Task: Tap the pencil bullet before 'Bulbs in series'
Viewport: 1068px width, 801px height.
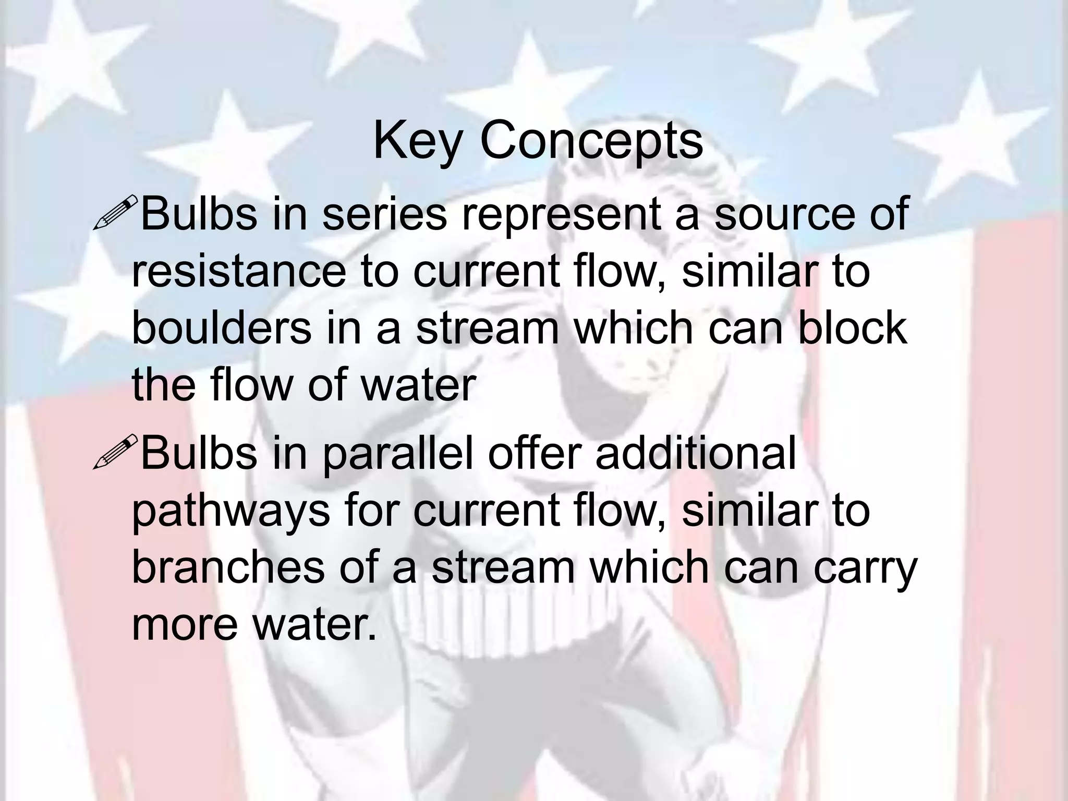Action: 115,212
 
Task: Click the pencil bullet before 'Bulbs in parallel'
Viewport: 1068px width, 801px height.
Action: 115,452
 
